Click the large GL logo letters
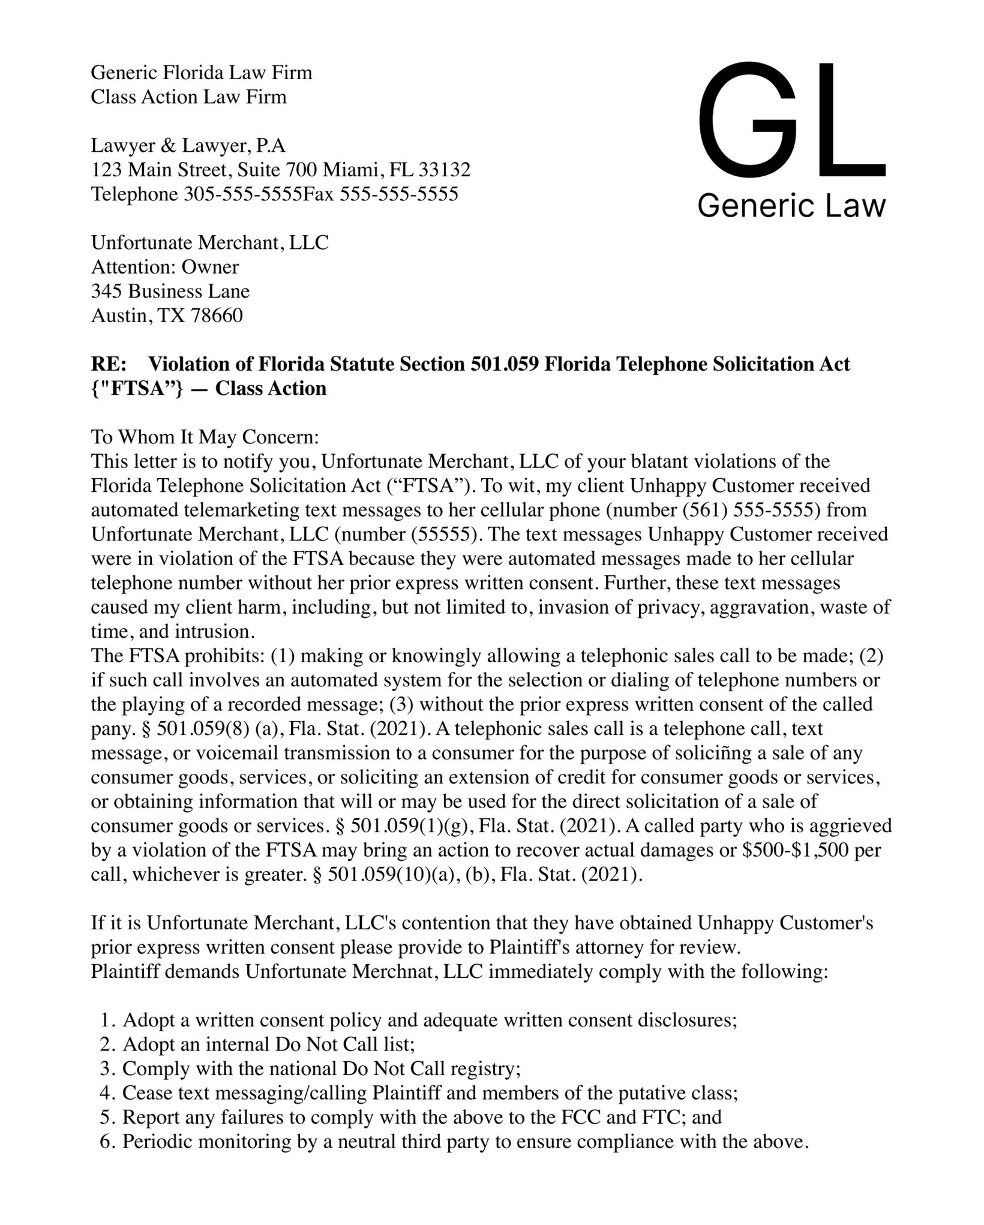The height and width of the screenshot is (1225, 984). (791, 120)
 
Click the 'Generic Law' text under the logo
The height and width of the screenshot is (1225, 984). (791, 206)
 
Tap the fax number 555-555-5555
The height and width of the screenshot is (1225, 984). (399, 194)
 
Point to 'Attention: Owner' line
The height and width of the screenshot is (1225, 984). (164, 267)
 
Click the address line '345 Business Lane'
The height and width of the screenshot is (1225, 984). (170, 292)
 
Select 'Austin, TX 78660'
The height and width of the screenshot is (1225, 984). (167, 316)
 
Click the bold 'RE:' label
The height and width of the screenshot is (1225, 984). (109, 364)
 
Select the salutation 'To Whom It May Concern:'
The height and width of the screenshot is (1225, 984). (205, 437)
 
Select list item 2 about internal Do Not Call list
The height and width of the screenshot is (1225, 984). (268, 1044)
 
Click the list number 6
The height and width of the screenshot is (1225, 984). (107, 1142)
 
